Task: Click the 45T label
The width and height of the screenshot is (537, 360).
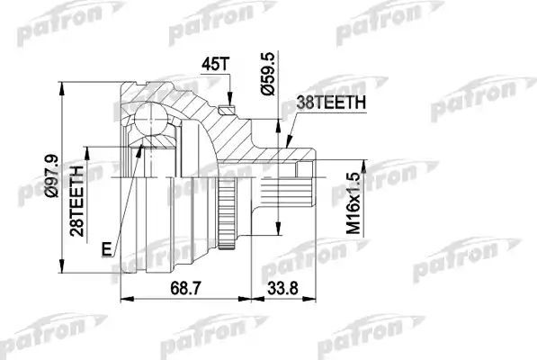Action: [x=216, y=67]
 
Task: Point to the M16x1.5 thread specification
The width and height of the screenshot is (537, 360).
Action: [x=336, y=203]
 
